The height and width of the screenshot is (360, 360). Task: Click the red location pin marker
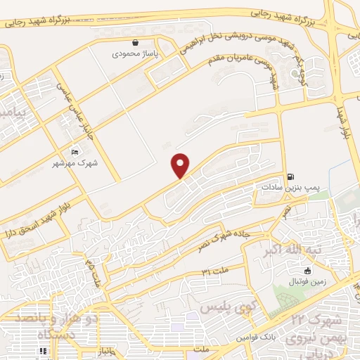click(181, 165)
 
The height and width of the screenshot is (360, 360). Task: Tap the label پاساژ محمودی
click(135, 53)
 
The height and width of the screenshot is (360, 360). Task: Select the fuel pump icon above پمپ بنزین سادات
click(290, 177)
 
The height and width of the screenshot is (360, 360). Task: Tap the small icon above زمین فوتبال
click(307, 271)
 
